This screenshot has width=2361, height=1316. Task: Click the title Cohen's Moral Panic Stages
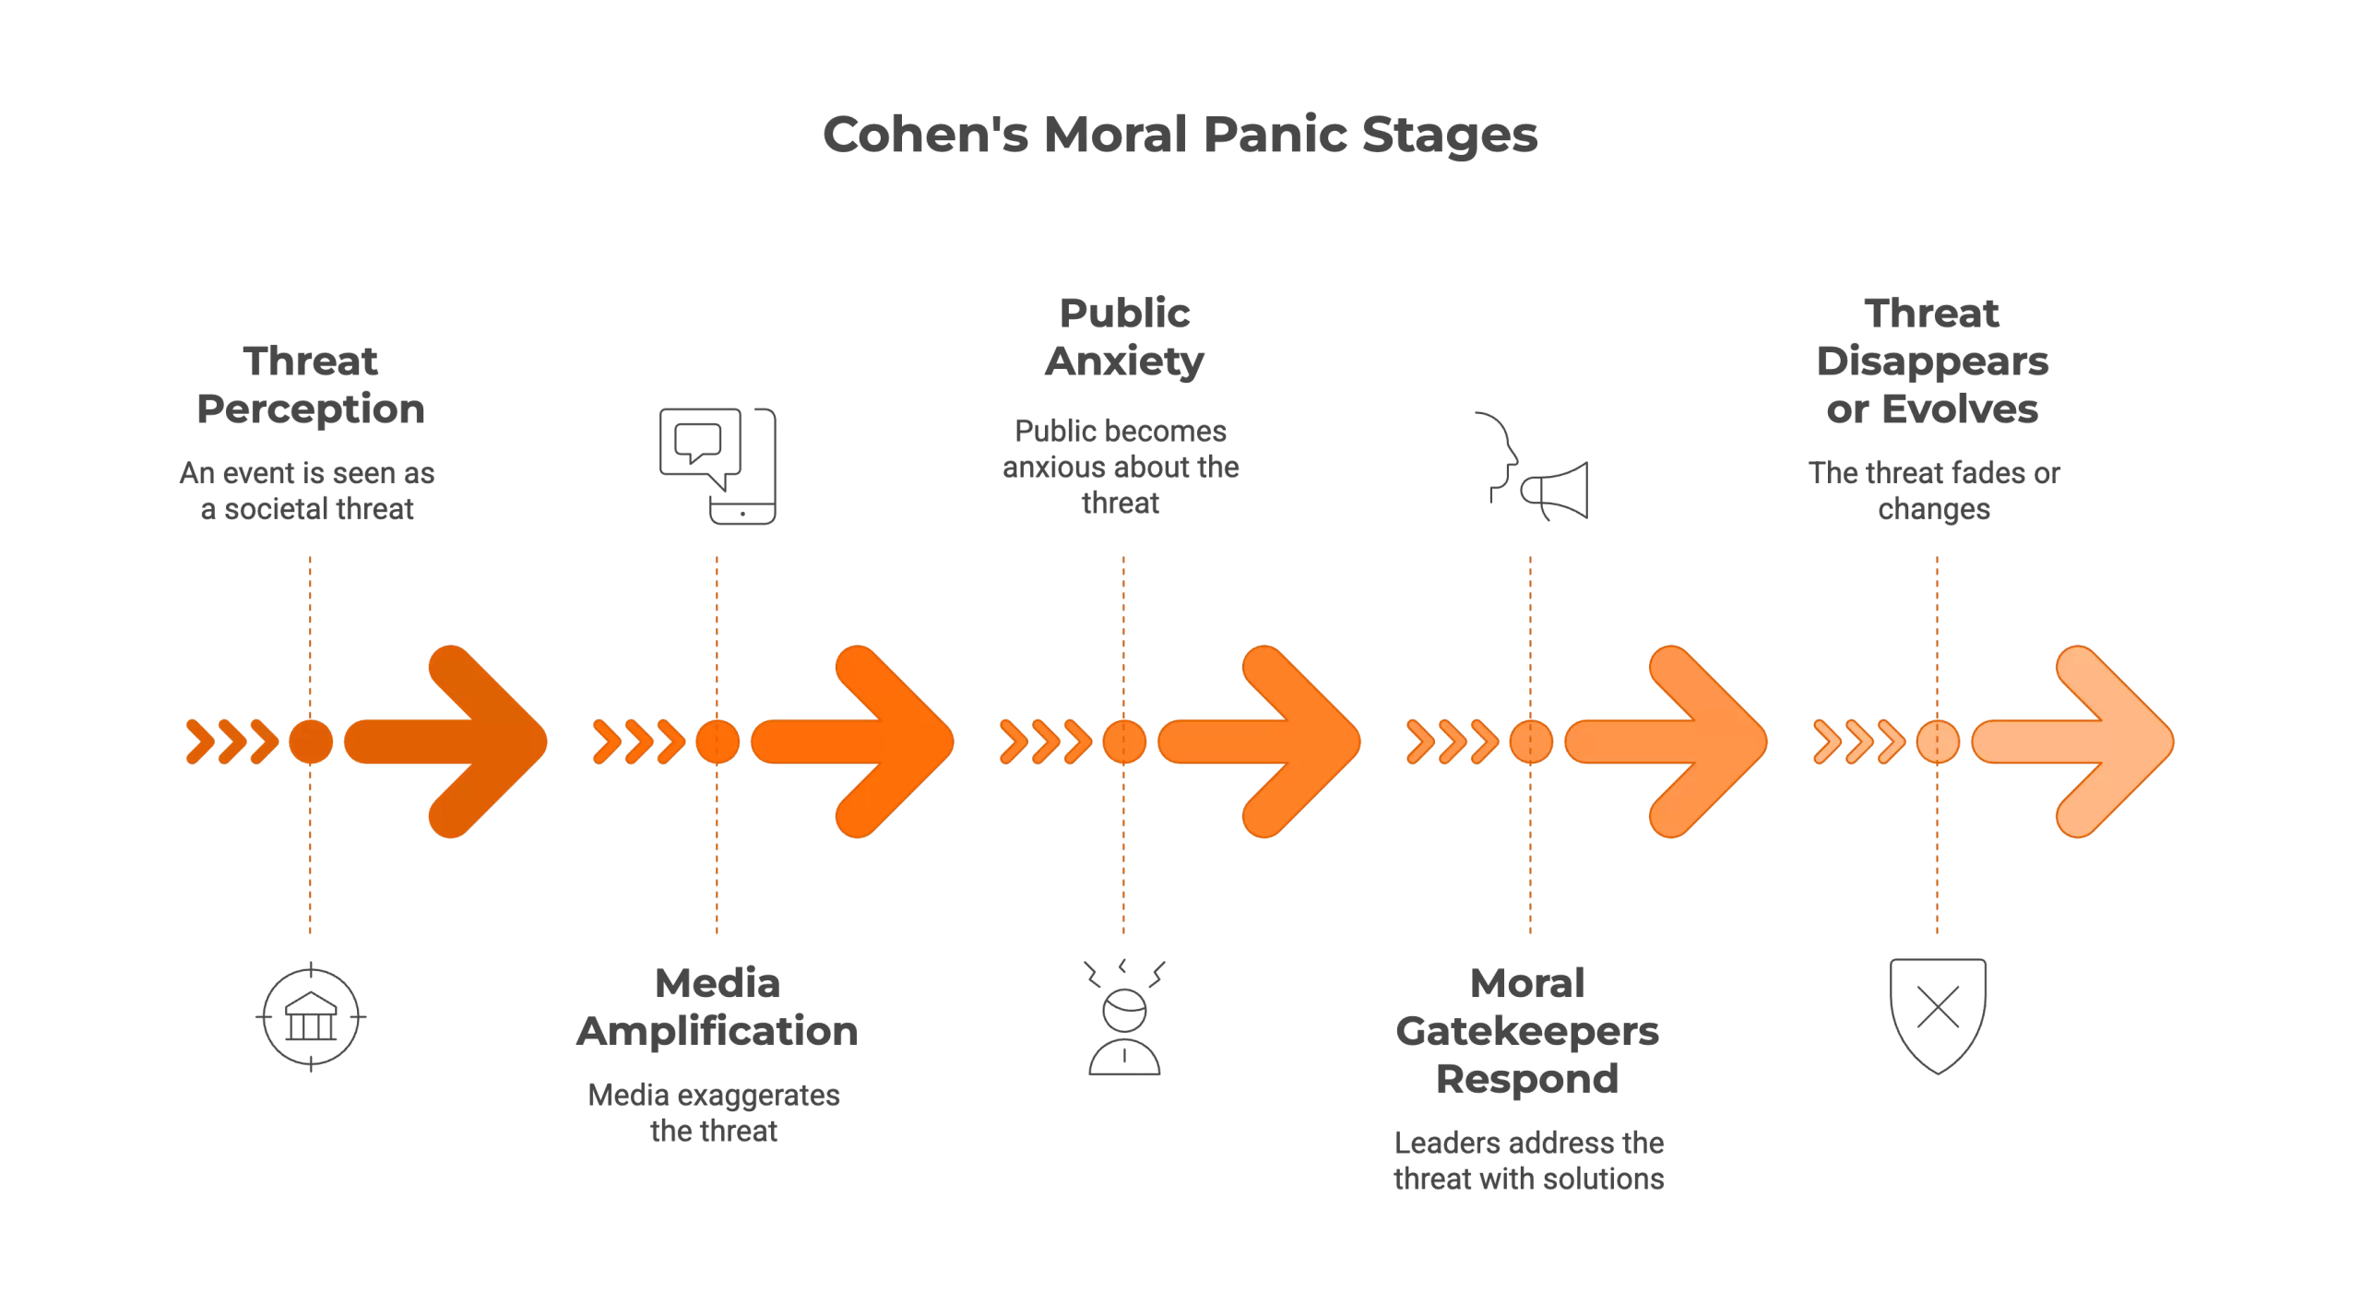click(x=1180, y=135)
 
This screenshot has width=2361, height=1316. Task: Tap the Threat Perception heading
click(x=311, y=385)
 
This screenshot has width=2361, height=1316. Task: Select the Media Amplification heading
click(x=718, y=1007)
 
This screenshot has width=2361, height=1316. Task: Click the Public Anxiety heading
click(x=1124, y=337)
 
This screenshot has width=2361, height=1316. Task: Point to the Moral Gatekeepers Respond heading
click(x=1527, y=1031)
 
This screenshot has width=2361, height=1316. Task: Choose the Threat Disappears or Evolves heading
click(x=1932, y=361)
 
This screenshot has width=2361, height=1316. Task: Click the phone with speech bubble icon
click(x=718, y=466)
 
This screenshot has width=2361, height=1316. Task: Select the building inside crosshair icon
click(x=311, y=1016)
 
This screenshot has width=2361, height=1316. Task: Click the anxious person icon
click(x=1124, y=1018)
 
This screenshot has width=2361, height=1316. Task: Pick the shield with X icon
click(x=1938, y=1014)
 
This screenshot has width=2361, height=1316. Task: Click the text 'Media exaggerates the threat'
click(x=715, y=1113)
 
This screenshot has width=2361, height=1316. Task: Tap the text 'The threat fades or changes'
click(x=1934, y=491)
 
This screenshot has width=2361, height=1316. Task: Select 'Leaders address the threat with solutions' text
click(x=1528, y=1161)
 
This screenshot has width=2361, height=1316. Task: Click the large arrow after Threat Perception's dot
click(x=452, y=741)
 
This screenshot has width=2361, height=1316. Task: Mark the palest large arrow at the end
click(x=2080, y=741)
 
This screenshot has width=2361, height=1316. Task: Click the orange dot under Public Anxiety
click(x=1124, y=741)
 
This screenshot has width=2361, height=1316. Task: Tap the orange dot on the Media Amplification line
click(x=718, y=741)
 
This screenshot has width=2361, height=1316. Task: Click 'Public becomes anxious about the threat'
click(x=1121, y=467)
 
